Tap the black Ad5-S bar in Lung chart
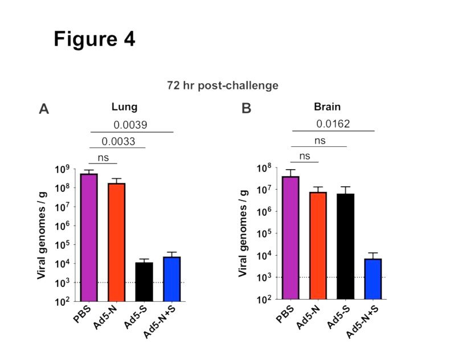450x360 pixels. [144, 281]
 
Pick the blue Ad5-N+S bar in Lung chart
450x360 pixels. [171, 279]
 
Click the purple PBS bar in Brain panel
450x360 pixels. [290, 238]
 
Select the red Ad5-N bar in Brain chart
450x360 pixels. [318, 246]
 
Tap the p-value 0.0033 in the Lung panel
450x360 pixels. [118, 141]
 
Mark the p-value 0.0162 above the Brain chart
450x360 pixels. [333, 124]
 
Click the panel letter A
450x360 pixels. [44, 108]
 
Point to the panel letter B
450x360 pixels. [246, 108]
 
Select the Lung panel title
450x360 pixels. [124, 107]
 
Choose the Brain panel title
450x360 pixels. [328, 107]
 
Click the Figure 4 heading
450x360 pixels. [94, 39]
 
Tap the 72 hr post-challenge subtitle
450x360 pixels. [223, 85]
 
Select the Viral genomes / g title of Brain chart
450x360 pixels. [243, 234]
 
